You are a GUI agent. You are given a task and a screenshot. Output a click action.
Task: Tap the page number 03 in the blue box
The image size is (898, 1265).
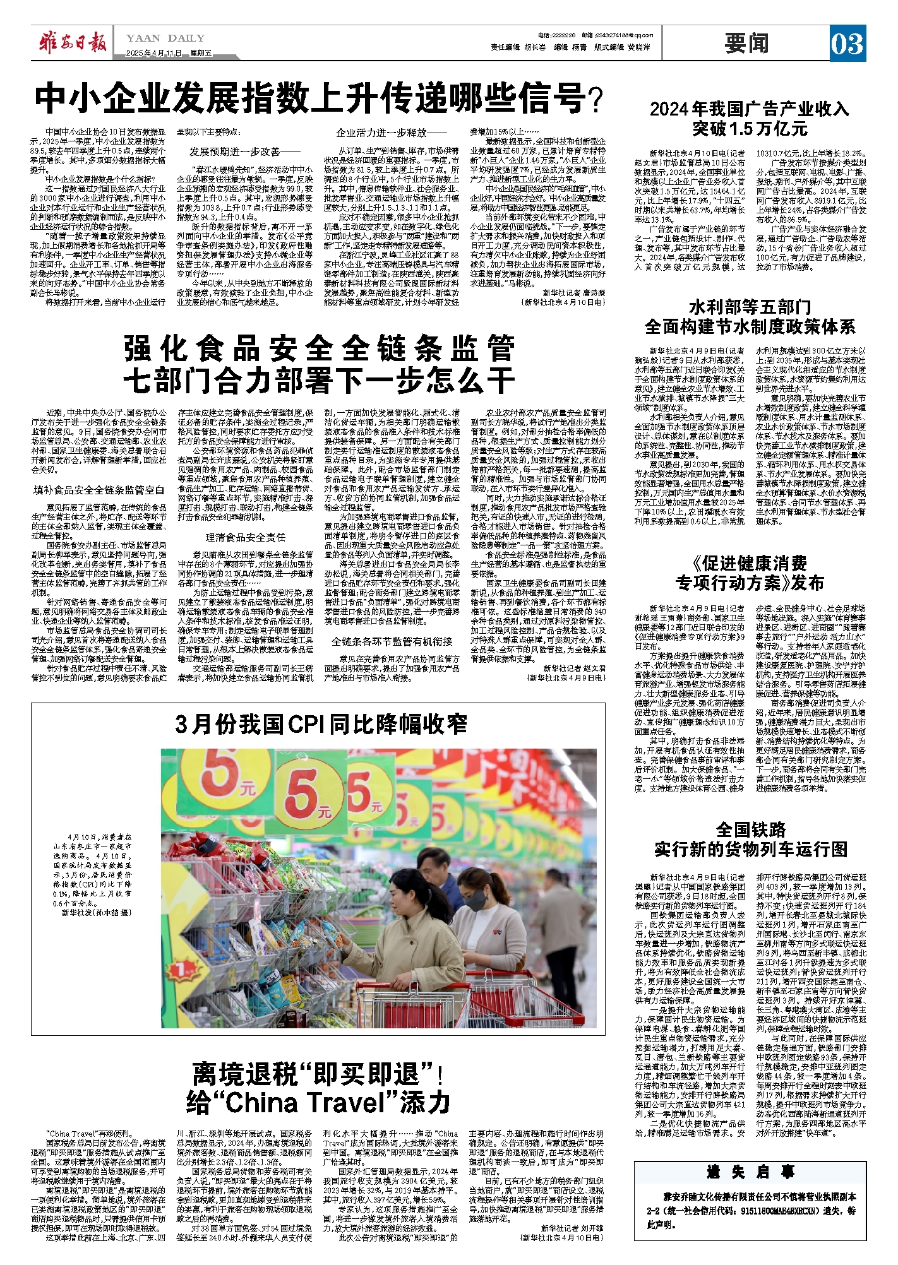[847, 44]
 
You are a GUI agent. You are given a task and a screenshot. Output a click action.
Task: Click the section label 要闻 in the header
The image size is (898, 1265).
[746, 43]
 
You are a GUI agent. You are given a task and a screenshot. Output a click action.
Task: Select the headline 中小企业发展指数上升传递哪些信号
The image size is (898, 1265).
[319, 98]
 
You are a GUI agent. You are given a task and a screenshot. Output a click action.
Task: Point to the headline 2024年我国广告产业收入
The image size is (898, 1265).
[750, 109]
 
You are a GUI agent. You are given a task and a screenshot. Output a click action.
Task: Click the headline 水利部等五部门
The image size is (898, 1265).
[750, 307]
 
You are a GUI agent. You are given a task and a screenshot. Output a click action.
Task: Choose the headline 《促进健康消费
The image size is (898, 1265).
[750, 562]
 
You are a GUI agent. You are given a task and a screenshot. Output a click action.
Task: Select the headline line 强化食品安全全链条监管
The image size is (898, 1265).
[319, 349]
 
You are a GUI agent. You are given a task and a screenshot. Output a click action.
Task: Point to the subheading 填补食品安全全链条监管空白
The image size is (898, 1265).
[99, 490]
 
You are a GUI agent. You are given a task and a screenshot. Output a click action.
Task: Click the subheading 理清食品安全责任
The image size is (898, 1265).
[245, 537]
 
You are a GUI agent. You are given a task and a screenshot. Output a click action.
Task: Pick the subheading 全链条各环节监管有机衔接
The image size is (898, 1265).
[392, 641]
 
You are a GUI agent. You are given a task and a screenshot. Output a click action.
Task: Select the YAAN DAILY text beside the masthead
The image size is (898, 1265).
[165, 39]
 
